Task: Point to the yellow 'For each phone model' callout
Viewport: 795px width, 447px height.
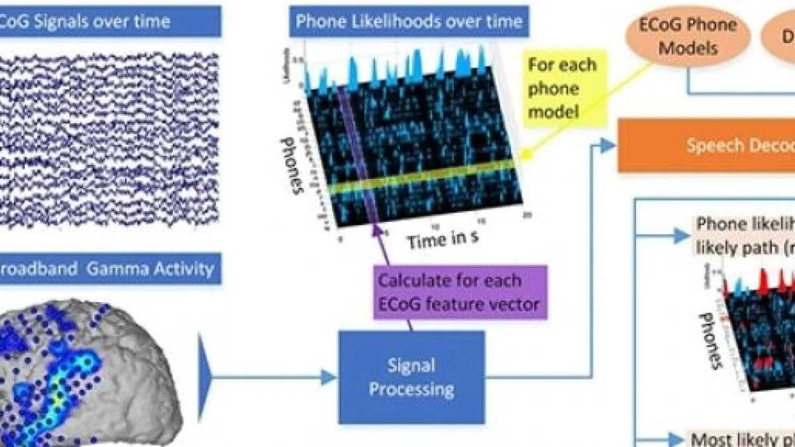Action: pyautogui.click(x=562, y=88)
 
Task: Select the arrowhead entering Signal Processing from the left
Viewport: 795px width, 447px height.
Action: pyautogui.click(x=329, y=377)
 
